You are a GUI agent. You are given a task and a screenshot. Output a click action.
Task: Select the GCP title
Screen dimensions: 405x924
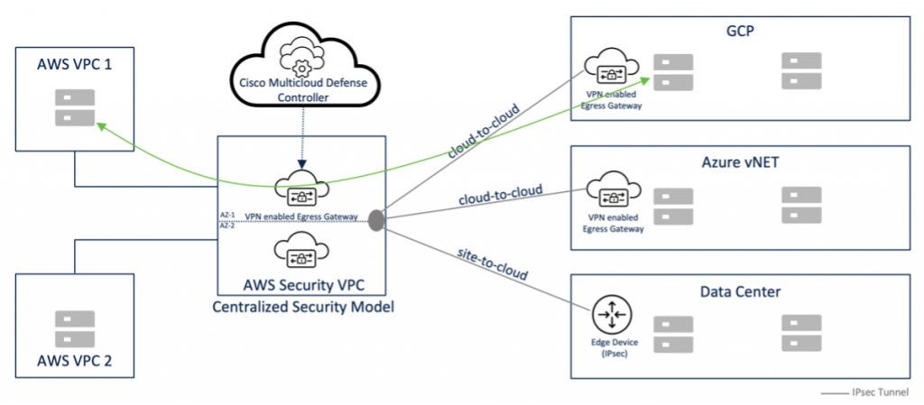pos(739,31)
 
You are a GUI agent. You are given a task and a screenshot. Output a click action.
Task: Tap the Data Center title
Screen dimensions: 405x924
pos(740,291)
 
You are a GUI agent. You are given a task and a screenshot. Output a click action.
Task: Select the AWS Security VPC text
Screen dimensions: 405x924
pos(301,284)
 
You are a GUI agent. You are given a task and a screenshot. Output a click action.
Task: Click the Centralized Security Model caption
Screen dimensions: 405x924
pos(301,308)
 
